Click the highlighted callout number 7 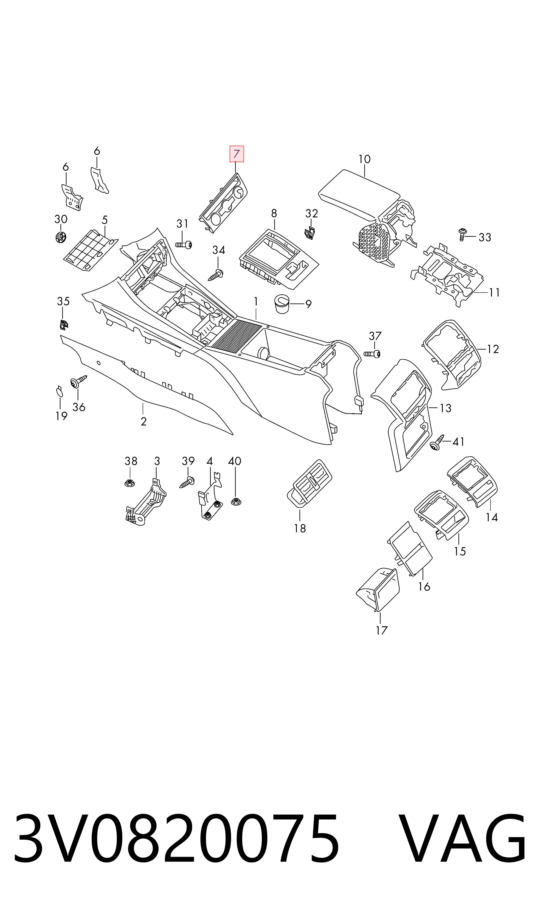(x=237, y=154)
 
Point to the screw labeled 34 (x=216, y=275)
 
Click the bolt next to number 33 (x=463, y=234)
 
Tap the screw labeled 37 (x=372, y=353)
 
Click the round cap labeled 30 (x=60, y=237)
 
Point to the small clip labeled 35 (x=64, y=324)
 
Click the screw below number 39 (x=187, y=482)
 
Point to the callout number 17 (x=381, y=630)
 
